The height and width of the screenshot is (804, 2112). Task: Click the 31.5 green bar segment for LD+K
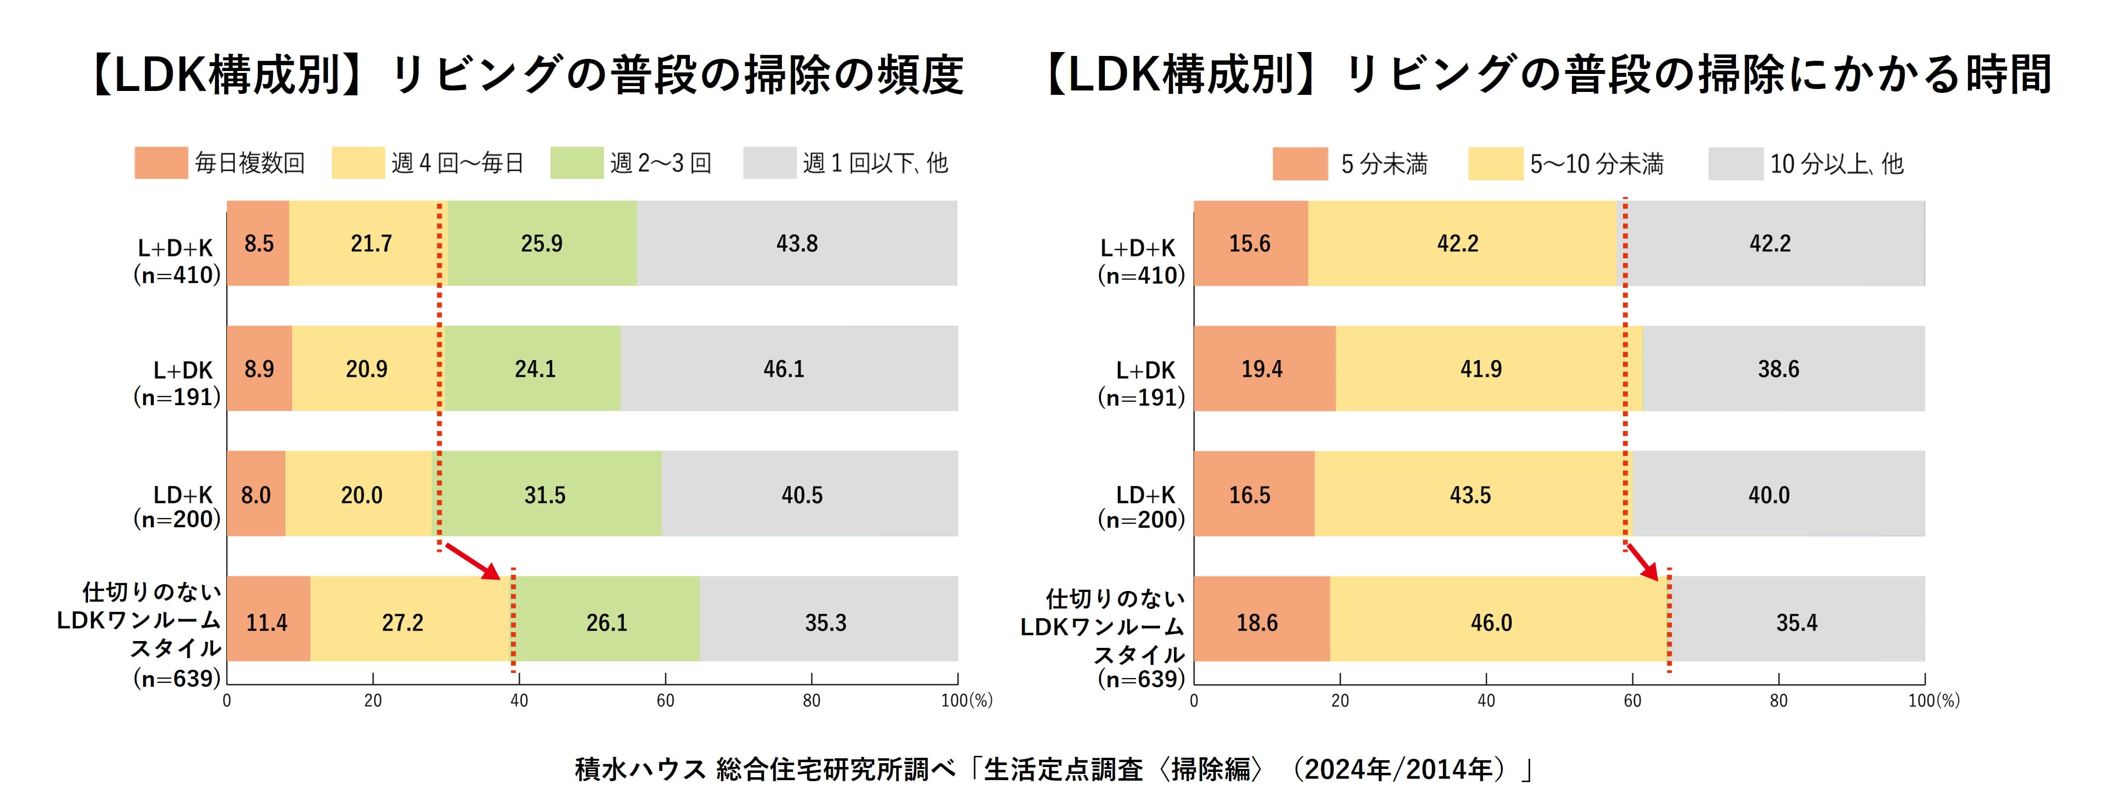[546, 494]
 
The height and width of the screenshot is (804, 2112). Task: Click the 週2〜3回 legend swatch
[577, 163]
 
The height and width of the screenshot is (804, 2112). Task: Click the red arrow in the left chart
[473, 561]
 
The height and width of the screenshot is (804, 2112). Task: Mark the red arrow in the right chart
[1642, 561]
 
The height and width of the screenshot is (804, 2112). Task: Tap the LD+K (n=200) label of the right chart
[1141, 506]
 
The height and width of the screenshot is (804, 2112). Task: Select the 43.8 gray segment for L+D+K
[797, 243]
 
